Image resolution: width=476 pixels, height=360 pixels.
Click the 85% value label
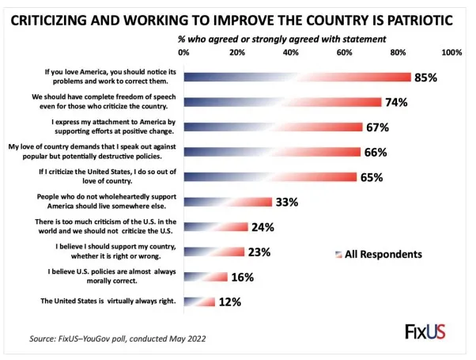[x=425, y=78]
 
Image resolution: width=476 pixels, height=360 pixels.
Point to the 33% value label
[x=287, y=202]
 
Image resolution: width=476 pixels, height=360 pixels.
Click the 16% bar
[x=206, y=277]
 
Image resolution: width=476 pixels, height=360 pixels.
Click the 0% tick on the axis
[x=184, y=52]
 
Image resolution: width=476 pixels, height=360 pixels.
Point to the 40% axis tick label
[x=291, y=52]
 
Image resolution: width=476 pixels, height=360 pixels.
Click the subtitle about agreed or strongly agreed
[x=281, y=37]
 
